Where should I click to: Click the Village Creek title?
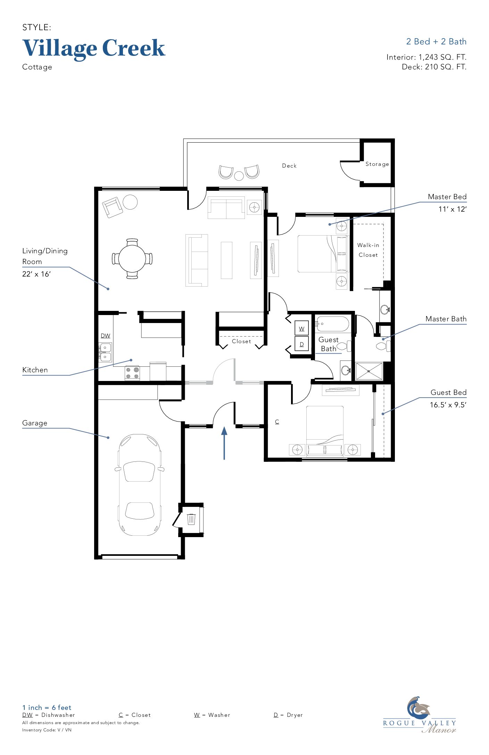click(x=94, y=49)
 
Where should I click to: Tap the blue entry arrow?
click(x=224, y=443)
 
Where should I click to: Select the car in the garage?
click(x=140, y=485)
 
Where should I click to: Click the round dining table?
click(x=132, y=259)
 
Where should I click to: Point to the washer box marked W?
click(x=301, y=328)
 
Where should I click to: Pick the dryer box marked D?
click(x=301, y=344)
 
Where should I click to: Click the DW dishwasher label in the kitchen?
click(x=105, y=336)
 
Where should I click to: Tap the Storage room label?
click(x=377, y=164)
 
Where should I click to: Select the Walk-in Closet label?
click(x=368, y=250)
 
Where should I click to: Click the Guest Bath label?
click(x=329, y=344)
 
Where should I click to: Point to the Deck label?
click(x=289, y=166)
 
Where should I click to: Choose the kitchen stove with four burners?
click(x=132, y=373)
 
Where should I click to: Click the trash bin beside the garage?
click(x=191, y=519)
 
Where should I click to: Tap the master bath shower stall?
click(x=369, y=371)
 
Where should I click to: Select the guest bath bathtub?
click(x=332, y=324)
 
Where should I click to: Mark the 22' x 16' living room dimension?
click(x=36, y=274)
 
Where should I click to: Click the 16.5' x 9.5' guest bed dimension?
click(x=448, y=405)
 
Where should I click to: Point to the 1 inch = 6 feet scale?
click(x=47, y=707)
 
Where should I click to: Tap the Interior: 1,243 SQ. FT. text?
click(x=426, y=57)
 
